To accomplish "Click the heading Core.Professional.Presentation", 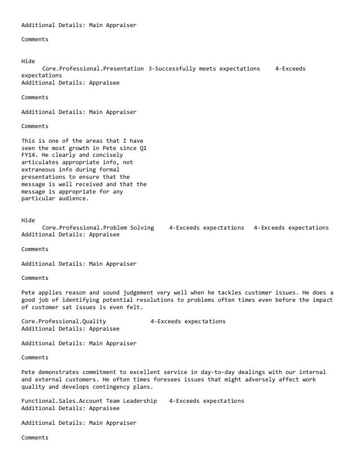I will click(93, 68).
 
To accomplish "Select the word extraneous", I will click(40, 170).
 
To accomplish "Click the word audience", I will click(72, 199).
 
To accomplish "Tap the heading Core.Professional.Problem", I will click(84, 228).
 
